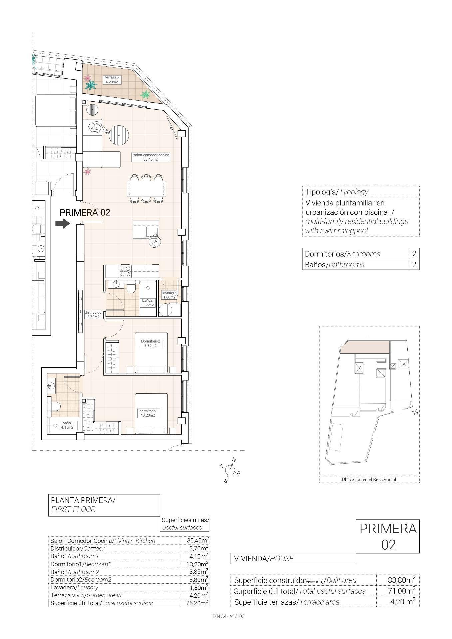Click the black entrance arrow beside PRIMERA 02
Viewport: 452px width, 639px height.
(x=62, y=223)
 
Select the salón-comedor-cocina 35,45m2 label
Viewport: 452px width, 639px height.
(x=151, y=157)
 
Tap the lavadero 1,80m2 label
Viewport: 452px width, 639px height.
(x=169, y=295)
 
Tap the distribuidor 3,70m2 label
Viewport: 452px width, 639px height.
(x=94, y=315)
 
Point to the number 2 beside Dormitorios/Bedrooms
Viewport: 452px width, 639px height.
(x=414, y=254)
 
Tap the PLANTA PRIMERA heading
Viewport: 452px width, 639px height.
(x=83, y=500)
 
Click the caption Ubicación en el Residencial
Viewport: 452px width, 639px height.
(x=369, y=479)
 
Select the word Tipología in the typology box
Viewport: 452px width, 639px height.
(x=320, y=192)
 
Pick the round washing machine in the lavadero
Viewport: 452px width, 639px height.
(x=165, y=310)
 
